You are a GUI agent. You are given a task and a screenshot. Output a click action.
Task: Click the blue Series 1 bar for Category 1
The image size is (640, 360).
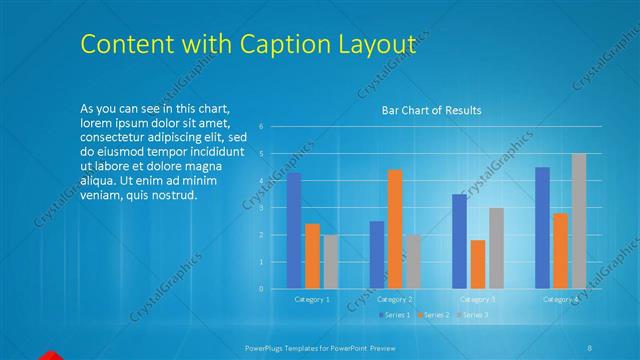[294, 231]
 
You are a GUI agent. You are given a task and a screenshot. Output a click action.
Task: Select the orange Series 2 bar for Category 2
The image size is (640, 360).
[394, 229]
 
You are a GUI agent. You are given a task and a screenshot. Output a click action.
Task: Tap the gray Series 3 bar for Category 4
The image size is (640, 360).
[578, 221]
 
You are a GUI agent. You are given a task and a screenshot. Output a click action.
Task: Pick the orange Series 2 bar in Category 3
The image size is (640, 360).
[477, 264]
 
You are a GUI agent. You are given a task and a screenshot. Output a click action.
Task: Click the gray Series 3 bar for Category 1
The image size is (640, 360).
[330, 262]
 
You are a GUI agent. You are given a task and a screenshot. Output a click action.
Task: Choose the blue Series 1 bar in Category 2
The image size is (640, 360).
[376, 255]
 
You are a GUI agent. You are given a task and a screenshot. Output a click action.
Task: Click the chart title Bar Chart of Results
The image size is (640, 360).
[432, 110]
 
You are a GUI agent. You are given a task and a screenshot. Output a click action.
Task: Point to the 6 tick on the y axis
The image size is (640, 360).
[261, 127]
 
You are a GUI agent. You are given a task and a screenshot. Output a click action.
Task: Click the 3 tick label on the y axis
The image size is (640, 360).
[261, 208]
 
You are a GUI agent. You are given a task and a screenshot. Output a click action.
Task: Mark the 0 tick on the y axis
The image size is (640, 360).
[261, 289]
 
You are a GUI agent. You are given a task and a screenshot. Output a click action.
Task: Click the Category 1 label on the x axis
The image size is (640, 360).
[312, 299]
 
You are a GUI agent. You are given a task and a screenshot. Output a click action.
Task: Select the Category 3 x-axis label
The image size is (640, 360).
[477, 299]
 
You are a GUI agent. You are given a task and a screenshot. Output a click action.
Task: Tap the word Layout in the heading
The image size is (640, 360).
[373, 45]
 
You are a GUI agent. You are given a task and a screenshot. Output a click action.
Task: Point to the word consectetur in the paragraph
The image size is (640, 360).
[118, 136]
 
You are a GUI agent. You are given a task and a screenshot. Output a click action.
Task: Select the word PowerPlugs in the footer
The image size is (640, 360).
[267, 347]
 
